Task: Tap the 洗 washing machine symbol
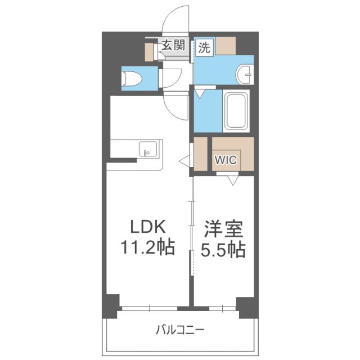(x=204, y=48)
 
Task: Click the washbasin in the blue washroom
(x=244, y=73)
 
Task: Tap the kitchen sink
(x=147, y=149)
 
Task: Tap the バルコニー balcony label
(x=180, y=330)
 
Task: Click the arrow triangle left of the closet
(x=184, y=161)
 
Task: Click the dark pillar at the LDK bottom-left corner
(x=111, y=305)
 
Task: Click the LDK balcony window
(x=149, y=308)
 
